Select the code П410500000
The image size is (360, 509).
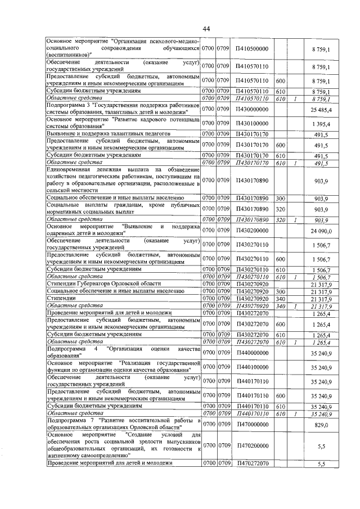tap(252, 50)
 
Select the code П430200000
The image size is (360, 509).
tap(252, 229)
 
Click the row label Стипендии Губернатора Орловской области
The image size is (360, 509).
tap(104, 284)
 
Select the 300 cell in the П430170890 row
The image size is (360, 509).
tap(281, 199)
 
